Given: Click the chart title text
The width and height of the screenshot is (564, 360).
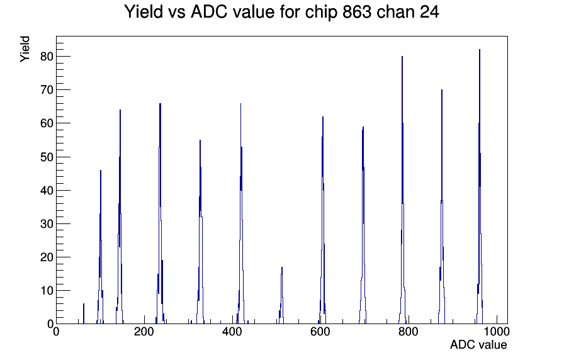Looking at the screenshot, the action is (x=281, y=12).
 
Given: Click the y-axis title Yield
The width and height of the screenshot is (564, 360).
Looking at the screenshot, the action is (x=25, y=49).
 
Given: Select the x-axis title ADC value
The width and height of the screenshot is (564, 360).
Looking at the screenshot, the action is (x=478, y=344).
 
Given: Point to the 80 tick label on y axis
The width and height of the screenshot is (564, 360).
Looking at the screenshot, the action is (x=47, y=57).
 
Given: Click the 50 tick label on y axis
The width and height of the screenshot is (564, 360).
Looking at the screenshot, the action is (x=47, y=157).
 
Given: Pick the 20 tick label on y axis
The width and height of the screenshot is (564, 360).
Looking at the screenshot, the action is (x=47, y=257).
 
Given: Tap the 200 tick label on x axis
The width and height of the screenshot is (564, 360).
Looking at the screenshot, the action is (x=144, y=331).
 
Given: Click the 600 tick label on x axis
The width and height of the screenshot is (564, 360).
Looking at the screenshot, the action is (x=320, y=331).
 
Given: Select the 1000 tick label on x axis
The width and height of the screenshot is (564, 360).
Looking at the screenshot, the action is (x=496, y=331).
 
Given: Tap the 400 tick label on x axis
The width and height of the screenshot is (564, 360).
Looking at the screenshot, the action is (x=232, y=331).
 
